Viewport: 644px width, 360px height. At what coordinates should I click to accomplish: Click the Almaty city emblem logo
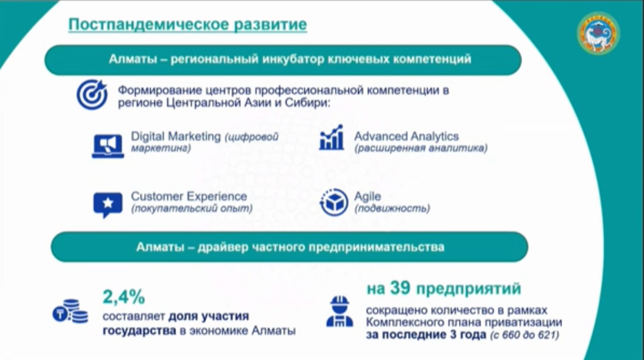pyautogui.click(x=598, y=33)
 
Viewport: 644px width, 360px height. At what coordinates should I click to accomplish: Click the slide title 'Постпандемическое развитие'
pyautogui.click(x=188, y=24)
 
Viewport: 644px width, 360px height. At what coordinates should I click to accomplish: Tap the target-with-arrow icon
pyautogui.click(x=92, y=95)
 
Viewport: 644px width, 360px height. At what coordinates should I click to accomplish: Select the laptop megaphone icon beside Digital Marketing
pyautogui.click(x=108, y=146)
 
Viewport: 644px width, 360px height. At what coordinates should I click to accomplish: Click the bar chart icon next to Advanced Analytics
pyautogui.click(x=332, y=137)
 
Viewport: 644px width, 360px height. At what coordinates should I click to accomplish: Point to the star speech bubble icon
pyautogui.click(x=108, y=205)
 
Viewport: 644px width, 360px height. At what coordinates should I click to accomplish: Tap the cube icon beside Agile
pyautogui.click(x=334, y=202)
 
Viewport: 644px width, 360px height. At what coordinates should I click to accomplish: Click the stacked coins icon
pyautogui.click(x=70, y=311)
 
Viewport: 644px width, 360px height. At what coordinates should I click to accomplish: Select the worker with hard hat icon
pyautogui.click(x=340, y=311)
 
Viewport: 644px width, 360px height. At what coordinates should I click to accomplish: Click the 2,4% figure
pyautogui.click(x=124, y=297)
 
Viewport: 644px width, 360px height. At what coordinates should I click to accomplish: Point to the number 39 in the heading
pyautogui.click(x=400, y=288)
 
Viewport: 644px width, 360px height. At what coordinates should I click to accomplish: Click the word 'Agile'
pyautogui.click(x=368, y=196)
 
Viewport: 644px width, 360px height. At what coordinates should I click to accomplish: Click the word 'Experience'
pyautogui.click(x=218, y=196)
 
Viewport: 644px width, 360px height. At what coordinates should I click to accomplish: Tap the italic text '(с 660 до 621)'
pyautogui.click(x=525, y=335)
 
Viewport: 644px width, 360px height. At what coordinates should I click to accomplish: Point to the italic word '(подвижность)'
pyautogui.click(x=392, y=208)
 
